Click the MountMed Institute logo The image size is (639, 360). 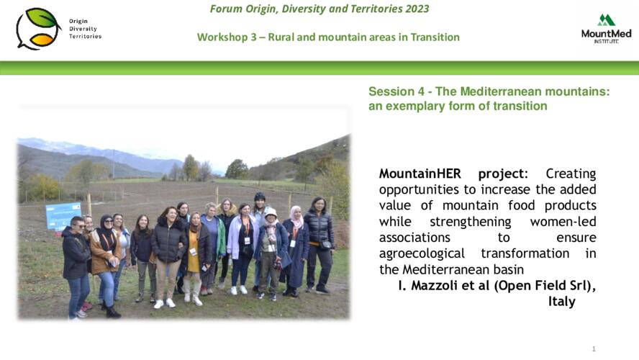(606, 29)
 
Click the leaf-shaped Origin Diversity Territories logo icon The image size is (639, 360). (38, 29)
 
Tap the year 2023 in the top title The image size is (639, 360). (417, 9)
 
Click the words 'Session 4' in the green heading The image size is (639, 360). (396, 91)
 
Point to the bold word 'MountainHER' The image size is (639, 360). (420, 174)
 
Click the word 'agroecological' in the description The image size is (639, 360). (422, 253)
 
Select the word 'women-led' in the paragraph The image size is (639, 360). (563, 221)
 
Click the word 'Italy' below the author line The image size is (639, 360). (561, 302)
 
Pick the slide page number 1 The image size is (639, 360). (594, 349)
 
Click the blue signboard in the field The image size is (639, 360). (63, 215)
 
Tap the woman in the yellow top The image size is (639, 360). (194, 258)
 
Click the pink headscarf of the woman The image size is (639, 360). (296, 217)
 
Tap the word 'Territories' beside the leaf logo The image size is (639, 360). (85, 36)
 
